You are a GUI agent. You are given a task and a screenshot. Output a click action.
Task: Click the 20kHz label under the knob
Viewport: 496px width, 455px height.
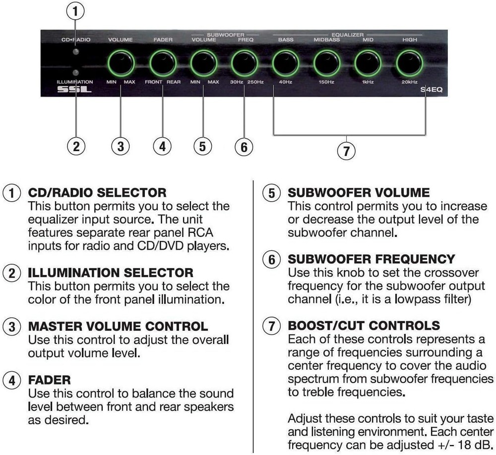tap(409, 82)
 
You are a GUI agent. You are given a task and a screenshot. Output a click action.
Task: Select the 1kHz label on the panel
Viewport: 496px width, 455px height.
tap(368, 82)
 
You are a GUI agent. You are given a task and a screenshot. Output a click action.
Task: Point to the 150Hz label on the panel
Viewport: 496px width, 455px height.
tap(326, 82)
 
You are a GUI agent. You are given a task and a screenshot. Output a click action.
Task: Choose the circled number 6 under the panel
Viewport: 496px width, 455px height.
tap(244, 146)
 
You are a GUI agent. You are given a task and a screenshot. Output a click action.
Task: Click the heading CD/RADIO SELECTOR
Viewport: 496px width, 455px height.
tap(97, 192)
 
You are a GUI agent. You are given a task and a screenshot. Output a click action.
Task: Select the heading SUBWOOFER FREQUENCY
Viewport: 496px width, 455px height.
tap(371, 259)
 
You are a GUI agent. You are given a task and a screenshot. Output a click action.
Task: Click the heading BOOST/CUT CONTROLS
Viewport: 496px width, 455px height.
tap(364, 326)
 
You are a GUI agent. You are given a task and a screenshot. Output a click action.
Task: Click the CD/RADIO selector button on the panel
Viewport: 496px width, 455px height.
tap(75, 52)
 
